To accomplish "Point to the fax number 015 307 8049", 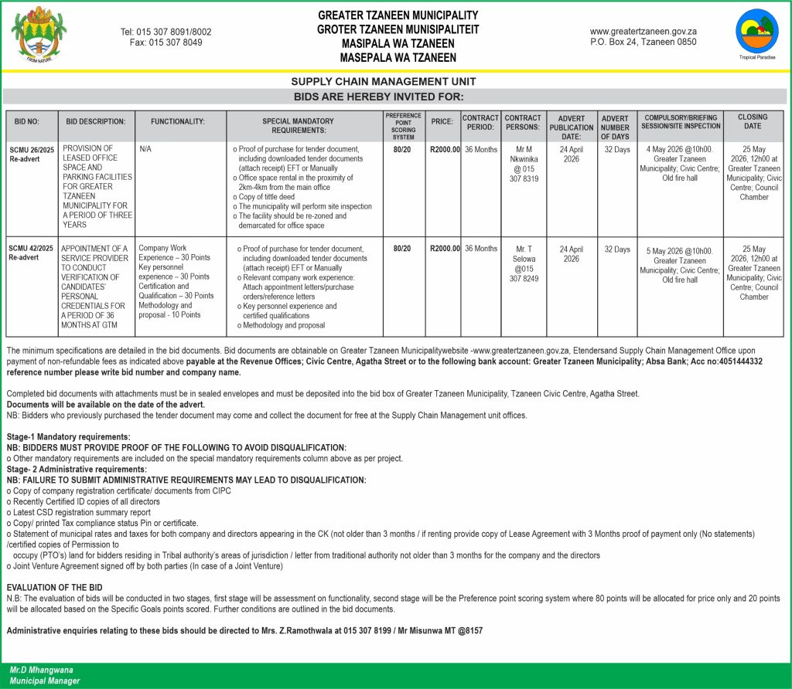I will tap(166, 42).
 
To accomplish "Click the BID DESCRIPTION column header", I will tap(96, 122).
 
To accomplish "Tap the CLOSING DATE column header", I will tap(753, 121).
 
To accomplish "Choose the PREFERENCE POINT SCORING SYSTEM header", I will tap(403, 126).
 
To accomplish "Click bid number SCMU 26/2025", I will tap(31, 149).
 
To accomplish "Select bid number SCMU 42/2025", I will tap(31, 249).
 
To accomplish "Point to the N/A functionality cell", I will tap(145, 149).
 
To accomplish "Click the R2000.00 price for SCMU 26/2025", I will tap(445, 149).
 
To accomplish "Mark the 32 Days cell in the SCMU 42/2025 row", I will tap(616, 249).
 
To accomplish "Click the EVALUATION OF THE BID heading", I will tap(54, 588).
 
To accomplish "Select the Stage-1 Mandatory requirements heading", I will tap(69, 437).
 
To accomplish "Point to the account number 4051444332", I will tap(727, 361).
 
